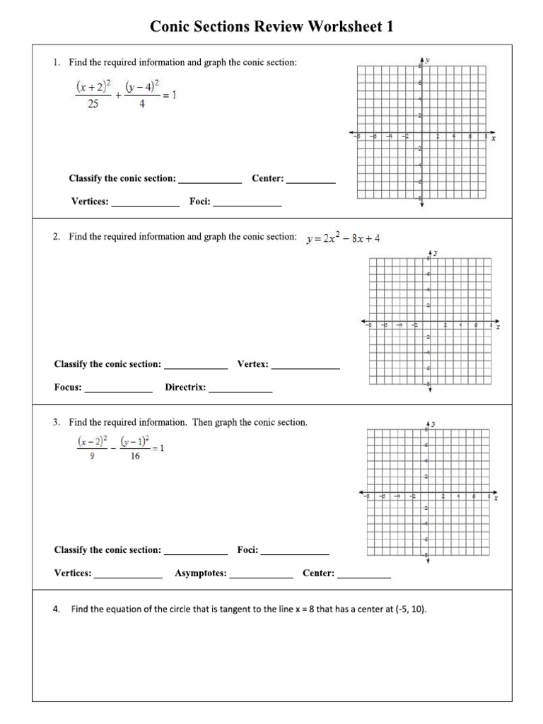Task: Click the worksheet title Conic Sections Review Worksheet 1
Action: pyautogui.click(x=271, y=27)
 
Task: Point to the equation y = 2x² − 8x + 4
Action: pyautogui.click(x=343, y=238)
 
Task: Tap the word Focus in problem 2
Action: pyautogui.click(x=68, y=387)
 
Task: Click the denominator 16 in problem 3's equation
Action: pyautogui.click(x=135, y=457)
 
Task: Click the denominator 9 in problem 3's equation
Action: pyautogui.click(x=92, y=457)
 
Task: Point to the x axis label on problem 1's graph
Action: pyautogui.click(x=494, y=139)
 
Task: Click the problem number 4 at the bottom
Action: pyautogui.click(x=56, y=609)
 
